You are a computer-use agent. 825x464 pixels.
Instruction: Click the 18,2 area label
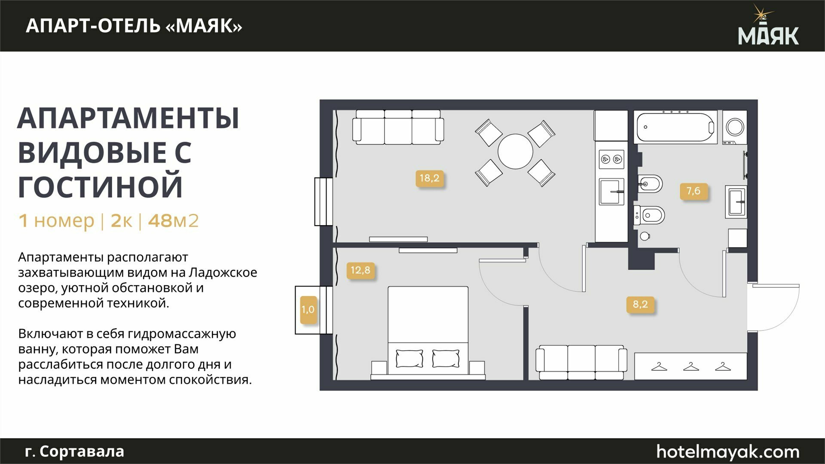coord(430,178)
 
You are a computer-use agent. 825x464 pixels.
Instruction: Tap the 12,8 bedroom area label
coord(361,270)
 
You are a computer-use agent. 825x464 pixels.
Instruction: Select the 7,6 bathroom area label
coord(694,191)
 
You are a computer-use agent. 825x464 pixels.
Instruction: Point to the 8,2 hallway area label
coord(640,304)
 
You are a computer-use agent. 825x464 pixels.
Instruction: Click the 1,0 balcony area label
coord(308,309)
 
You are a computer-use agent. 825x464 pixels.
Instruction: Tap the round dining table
coord(515,151)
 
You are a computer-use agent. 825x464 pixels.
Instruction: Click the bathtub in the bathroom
coord(675,127)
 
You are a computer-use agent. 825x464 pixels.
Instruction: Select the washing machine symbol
coord(735,127)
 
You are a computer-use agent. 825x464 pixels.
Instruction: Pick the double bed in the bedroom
coord(428,333)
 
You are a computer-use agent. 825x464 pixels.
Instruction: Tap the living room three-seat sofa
coord(398,127)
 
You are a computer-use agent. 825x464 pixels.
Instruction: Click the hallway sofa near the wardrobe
coord(581,362)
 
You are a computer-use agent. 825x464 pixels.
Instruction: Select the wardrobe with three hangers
coord(691,366)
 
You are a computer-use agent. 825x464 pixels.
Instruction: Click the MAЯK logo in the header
coord(768,25)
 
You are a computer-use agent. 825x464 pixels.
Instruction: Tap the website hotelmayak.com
coord(728,452)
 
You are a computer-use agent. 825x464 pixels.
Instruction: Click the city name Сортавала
coord(82,452)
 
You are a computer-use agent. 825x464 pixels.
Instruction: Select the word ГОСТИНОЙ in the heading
coord(101,186)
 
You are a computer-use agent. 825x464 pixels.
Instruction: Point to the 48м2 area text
coord(173,220)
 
